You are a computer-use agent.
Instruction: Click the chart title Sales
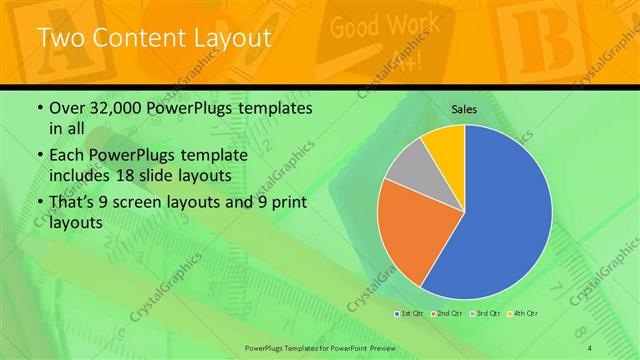click(x=464, y=108)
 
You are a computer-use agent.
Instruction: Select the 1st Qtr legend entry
click(x=409, y=314)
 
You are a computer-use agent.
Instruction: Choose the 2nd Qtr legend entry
click(x=445, y=314)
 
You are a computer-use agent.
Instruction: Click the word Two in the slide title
click(x=58, y=38)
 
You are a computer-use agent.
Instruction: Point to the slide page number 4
click(x=589, y=346)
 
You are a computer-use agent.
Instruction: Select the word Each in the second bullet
click(x=69, y=155)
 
